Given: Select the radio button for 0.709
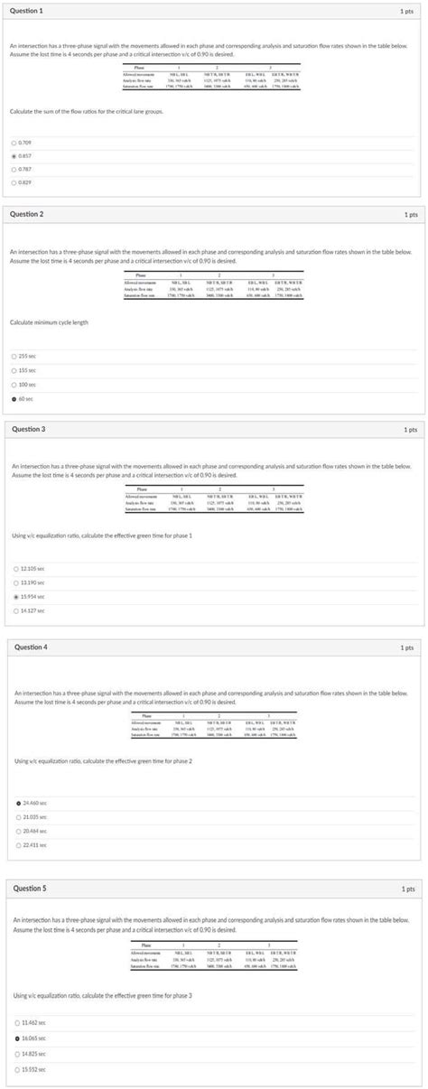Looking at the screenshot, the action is (x=14, y=142).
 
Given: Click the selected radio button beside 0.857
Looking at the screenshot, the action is (x=14, y=155).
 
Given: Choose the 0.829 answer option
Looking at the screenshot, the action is (x=14, y=182).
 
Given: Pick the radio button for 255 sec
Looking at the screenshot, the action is (x=14, y=356).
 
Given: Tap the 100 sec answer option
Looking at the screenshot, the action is (x=14, y=384).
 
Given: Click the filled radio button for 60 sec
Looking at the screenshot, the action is (x=14, y=398).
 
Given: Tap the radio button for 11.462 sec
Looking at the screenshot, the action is (x=15, y=1022).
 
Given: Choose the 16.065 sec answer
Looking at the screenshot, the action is (x=15, y=1038).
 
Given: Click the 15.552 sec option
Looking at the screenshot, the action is (x=15, y=1069).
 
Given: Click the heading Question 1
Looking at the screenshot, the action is (x=28, y=9).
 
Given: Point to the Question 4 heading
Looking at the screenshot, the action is (x=32, y=647).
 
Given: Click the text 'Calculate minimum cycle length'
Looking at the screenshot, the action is (x=49, y=322).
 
